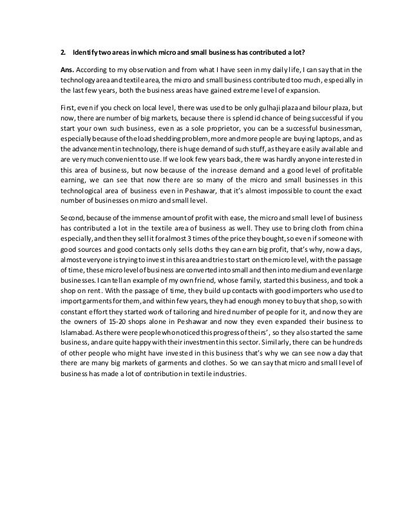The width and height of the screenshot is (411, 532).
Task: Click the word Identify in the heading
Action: point(86,52)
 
